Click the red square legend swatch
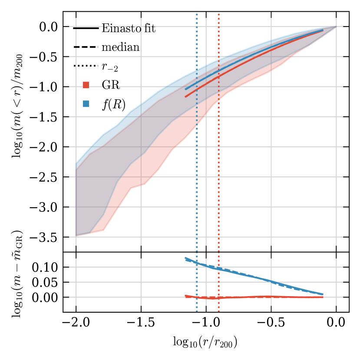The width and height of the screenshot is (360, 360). pyautogui.click(x=86, y=85)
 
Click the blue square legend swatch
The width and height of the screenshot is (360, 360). pyautogui.click(x=86, y=104)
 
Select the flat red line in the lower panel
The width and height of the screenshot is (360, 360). pyautogui.click(x=261, y=297)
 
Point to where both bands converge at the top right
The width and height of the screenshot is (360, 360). pyautogui.click(x=336, y=27)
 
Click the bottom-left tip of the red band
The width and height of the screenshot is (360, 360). pyautogui.click(x=77, y=236)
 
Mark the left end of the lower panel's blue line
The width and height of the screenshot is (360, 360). pyautogui.click(x=185, y=258)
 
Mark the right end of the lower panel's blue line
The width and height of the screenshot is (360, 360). pyautogui.click(x=323, y=294)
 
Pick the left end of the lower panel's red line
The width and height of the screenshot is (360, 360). pyautogui.click(x=185, y=296)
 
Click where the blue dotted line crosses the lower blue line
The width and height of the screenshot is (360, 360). pyautogui.click(x=197, y=263)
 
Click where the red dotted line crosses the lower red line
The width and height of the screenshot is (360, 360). pyautogui.click(x=219, y=298)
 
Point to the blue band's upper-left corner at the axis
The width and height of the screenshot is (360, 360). pyautogui.click(x=76, y=163)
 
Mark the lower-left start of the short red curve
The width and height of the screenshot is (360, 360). pyautogui.click(x=186, y=96)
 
